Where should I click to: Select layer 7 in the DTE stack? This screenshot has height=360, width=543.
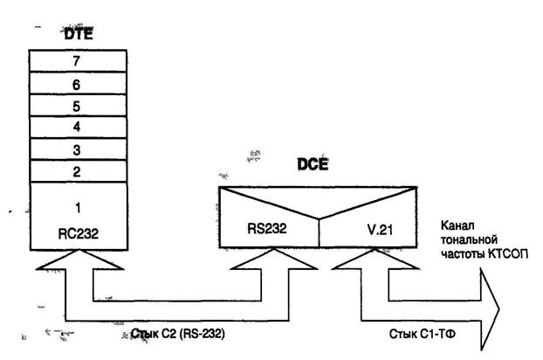(x=77, y=60)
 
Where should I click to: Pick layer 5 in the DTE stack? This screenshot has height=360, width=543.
(x=77, y=105)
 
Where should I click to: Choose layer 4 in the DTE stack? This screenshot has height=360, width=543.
(x=77, y=127)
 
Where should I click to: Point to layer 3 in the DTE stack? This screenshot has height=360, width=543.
(x=77, y=149)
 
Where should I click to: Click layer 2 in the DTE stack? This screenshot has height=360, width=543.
(x=77, y=171)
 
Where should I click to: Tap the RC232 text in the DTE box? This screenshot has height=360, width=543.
(x=76, y=235)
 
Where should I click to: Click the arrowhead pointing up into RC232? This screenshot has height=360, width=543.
(x=76, y=262)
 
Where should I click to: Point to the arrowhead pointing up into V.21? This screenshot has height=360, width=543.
(x=361, y=262)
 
